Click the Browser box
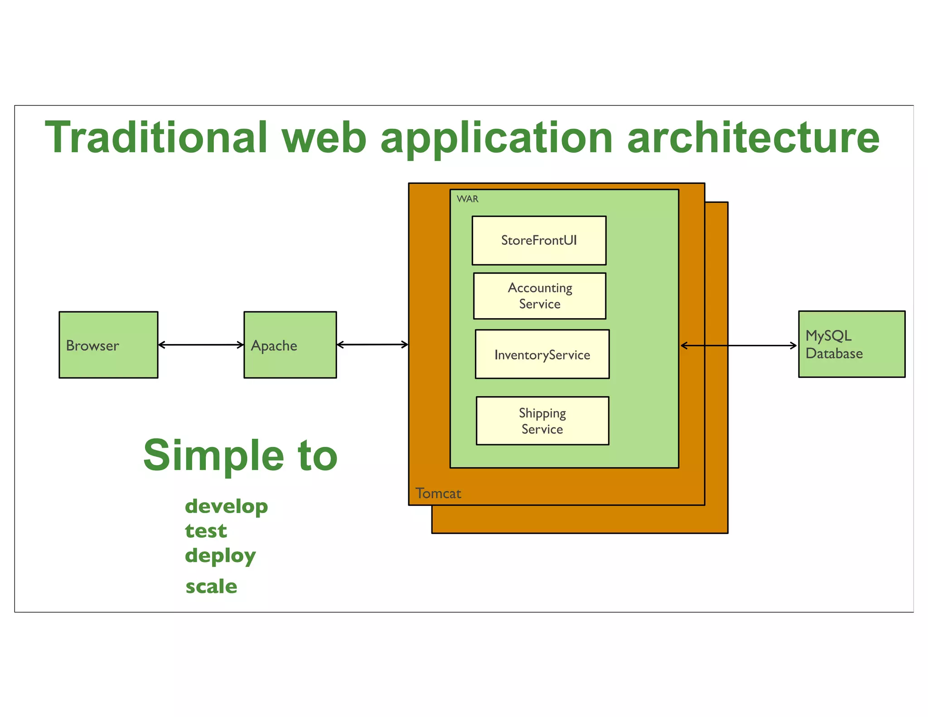tap(108, 344)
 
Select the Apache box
tap(290, 344)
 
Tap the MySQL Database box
tap(851, 344)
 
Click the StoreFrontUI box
tap(539, 240)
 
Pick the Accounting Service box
tap(539, 296)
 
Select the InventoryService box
tap(542, 354)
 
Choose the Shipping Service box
tap(542, 421)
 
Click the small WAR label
tap(467, 199)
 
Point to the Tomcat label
tap(438, 493)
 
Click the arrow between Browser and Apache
tap(201, 345)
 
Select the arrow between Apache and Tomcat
tap(372, 344)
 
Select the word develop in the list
tap(226, 507)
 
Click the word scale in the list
tap(211, 586)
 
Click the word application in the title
tap(497, 138)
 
